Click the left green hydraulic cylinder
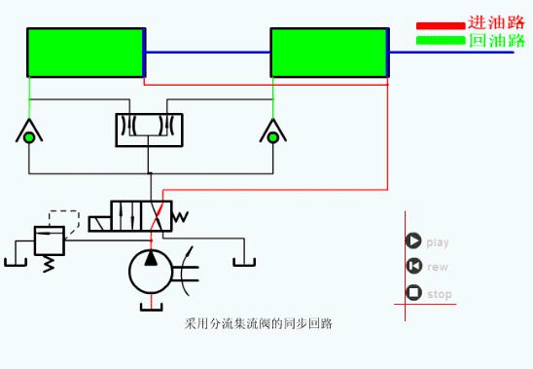[x=86, y=52]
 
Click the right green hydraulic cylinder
[x=329, y=52]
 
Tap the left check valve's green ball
[x=29, y=137]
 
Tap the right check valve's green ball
[x=273, y=137]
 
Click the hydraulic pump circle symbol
[x=150, y=270]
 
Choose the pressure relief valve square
[x=49, y=240]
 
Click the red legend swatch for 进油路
[x=440, y=25]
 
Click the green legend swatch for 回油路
[x=440, y=41]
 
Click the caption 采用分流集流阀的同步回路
[x=259, y=322]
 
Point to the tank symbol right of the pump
[x=242, y=259]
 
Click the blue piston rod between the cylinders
[x=207, y=52]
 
